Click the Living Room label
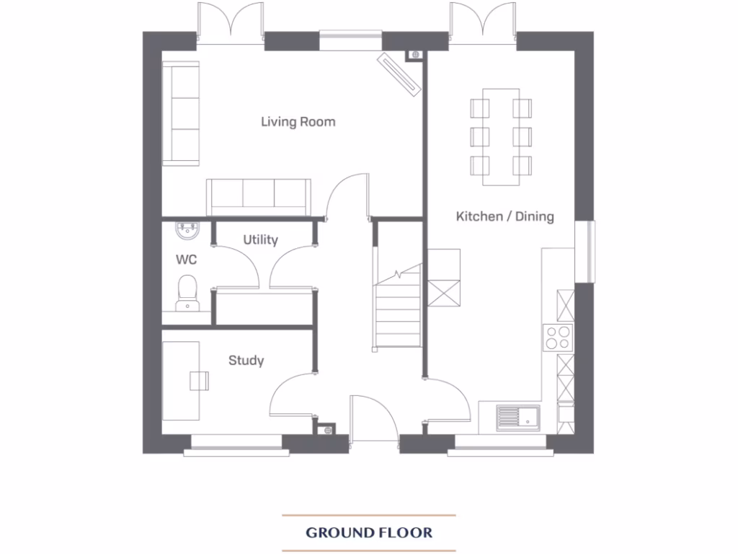298,122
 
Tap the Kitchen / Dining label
504,216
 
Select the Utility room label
260,240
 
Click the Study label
246,361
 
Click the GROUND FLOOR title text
369,533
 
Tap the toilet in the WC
187,292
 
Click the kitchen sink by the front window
517,416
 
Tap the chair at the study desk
199,380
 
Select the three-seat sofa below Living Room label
258,197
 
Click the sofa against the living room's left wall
180,114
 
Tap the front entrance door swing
373,418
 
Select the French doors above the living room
230,22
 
